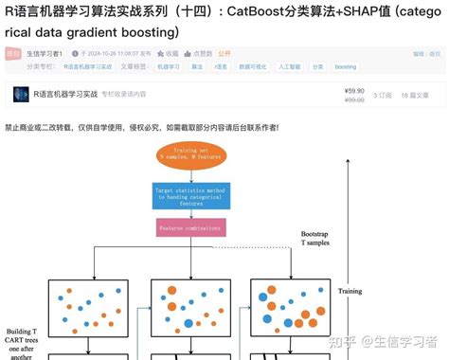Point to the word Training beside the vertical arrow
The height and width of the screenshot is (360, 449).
click(350, 291)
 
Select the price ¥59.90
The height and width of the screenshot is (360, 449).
click(354, 90)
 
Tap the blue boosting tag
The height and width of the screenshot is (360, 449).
click(346, 67)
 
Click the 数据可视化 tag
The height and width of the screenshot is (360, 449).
click(253, 67)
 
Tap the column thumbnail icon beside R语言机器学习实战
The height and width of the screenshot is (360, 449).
click(21, 94)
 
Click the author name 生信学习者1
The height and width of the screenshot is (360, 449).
click(44, 54)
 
